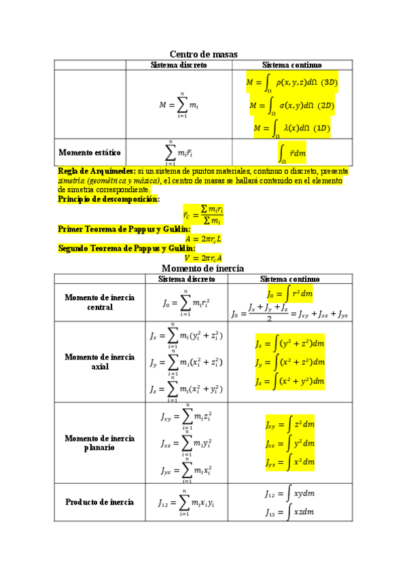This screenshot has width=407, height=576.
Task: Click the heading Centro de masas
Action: (202, 54)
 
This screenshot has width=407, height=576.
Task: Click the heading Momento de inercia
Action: (202, 269)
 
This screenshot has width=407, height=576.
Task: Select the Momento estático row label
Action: (90, 152)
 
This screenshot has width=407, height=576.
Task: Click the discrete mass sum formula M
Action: (179, 105)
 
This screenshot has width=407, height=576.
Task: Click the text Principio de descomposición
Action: (109, 199)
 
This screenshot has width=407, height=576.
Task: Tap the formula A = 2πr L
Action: (202, 238)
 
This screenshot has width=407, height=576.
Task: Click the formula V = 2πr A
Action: (202, 258)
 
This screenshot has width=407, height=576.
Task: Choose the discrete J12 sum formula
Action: (186, 503)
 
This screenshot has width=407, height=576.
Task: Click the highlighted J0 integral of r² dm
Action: (290, 295)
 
